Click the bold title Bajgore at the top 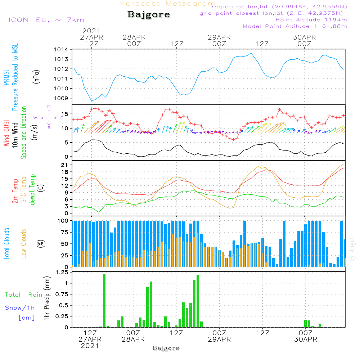(x=149, y=15)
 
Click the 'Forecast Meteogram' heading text (x=167, y=4)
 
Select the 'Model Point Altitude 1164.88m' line (x=295, y=26)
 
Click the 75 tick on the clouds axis (x=65, y=232)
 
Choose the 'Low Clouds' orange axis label (x=24, y=243)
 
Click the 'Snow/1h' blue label (x=20, y=308)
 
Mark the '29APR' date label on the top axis (x=219, y=37)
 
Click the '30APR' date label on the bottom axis (x=306, y=339)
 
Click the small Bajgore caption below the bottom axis (x=166, y=348)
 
